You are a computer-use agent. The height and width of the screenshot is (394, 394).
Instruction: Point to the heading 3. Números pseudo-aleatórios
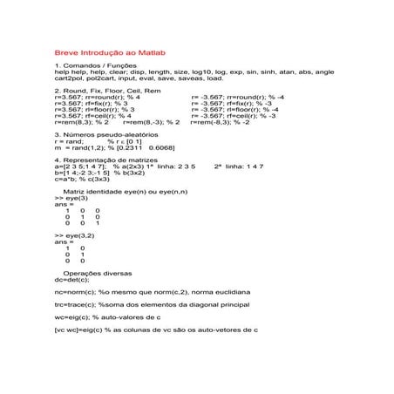105,135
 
